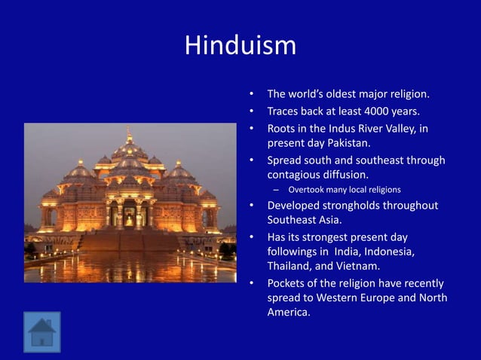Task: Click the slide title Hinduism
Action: click(240, 45)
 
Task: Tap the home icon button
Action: click(41, 332)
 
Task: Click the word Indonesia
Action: click(389, 251)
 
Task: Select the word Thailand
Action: click(291, 266)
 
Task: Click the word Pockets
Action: click(289, 283)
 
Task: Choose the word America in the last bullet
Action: click(288, 312)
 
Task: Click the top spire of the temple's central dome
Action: click(129, 133)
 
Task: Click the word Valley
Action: click(398, 128)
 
